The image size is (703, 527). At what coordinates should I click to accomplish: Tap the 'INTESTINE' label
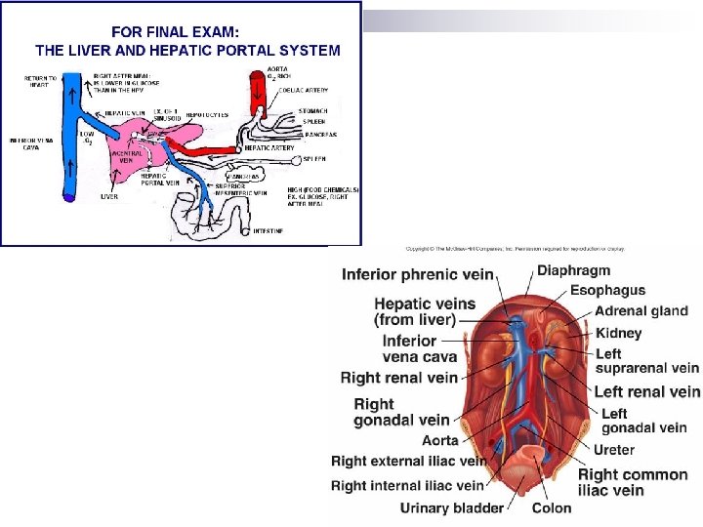[269, 230]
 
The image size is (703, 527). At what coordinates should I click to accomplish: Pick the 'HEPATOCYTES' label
[207, 114]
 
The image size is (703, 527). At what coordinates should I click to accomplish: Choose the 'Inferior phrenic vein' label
[417, 274]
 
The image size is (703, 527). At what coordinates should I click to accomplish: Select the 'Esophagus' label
[606, 290]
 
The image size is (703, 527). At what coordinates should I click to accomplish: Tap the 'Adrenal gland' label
[641, 311]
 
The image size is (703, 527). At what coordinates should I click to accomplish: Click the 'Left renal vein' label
[647, 391]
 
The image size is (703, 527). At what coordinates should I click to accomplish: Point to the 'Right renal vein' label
[398, 377]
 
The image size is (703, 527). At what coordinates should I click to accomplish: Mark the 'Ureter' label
[613, 450]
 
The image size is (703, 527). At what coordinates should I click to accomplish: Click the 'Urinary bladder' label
[451, 507]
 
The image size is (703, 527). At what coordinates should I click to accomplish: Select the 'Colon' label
[552, 507]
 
